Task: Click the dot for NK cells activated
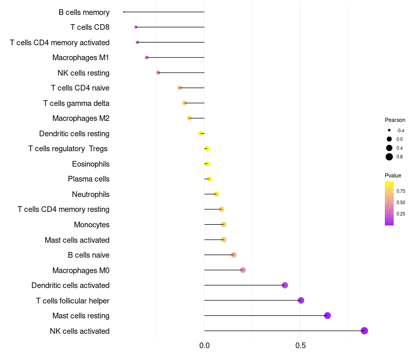364,331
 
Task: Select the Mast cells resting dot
327,316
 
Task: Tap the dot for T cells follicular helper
301,300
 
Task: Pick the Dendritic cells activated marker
285,285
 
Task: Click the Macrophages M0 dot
243,270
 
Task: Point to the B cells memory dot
124,12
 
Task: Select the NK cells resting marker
158,73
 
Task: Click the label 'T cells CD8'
89,27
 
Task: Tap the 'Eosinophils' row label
90,164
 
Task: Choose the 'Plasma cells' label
88,179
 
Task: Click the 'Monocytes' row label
91,225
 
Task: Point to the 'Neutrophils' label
90,194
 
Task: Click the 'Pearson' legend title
395,120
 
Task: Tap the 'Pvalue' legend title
393,175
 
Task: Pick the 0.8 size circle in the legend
389,157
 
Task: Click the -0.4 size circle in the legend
389,131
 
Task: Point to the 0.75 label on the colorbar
401,191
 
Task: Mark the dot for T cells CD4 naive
179,88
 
